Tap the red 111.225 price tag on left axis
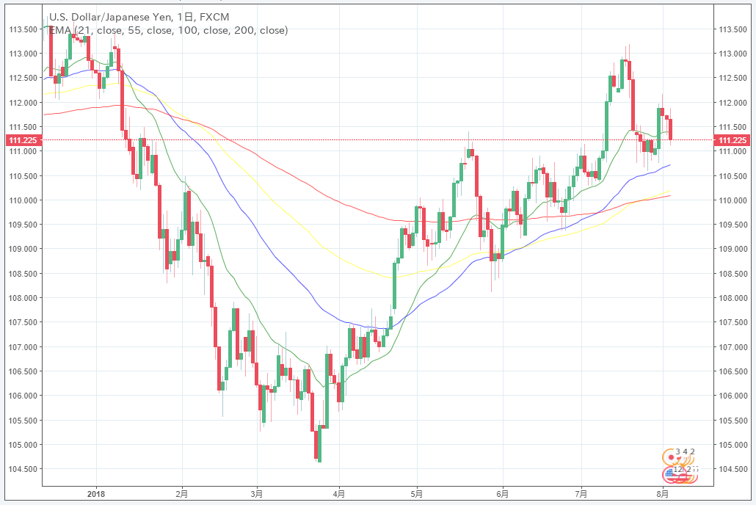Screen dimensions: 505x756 click(22, 140)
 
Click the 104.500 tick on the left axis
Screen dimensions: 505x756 click(22, 469)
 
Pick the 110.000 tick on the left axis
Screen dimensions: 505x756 click(22, 200)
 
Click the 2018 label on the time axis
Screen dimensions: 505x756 click(97, 494)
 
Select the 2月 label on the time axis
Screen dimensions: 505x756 click(182, 494)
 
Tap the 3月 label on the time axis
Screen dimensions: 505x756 click(256, 494)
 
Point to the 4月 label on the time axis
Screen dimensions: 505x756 click(338, 494)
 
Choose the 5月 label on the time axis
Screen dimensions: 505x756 click(417, 494)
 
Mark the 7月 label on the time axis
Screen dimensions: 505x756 click(581, 494)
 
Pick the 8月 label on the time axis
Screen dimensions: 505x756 click(663, 494)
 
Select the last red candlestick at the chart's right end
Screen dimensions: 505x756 click(671, 128)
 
